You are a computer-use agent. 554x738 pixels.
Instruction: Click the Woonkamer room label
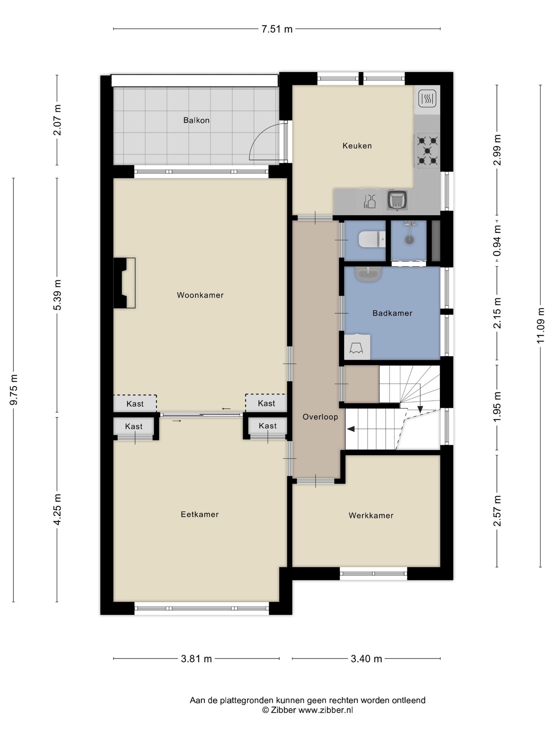tap(200, 295)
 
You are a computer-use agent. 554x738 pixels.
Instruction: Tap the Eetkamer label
tap(200, 514)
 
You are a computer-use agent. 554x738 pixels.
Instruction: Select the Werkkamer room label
tap(371, 515)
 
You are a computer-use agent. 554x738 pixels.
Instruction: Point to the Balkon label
tap(196, 120)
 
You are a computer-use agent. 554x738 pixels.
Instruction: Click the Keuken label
tap(357, 146)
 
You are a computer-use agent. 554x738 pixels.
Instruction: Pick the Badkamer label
tap(392, 313)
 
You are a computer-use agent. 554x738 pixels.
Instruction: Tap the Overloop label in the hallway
tap(320, 417)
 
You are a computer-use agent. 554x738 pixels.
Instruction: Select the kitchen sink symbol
tap(397, 200)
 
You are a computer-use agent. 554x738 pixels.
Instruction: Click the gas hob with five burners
tap(427, 151)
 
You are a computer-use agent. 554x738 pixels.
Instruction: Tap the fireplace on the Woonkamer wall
tap(124, 283)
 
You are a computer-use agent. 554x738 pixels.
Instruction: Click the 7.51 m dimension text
tap(277, 29)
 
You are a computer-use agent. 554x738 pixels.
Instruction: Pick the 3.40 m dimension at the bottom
tap(366, 659)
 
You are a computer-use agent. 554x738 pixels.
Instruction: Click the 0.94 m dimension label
tap(498, 241)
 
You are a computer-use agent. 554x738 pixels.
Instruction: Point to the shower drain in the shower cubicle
tap(409, 239)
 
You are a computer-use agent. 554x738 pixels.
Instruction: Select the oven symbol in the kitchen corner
tap(427, 98)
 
